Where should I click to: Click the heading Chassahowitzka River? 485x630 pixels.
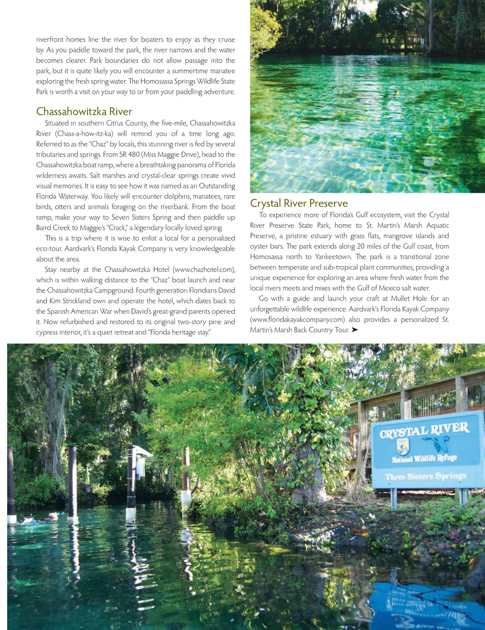[84, 112]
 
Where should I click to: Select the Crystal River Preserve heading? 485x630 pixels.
[298, 204]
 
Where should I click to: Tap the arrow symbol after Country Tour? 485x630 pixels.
[355, 330]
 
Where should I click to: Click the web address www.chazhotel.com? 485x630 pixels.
[204, 270]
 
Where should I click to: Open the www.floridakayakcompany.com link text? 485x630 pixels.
[297, 320]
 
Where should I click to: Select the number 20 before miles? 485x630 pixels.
[361, 246]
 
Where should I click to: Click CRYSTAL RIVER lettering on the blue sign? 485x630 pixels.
[424, 430]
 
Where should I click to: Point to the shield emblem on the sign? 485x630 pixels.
[403, 446]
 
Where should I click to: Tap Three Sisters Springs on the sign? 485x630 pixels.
[425, 476]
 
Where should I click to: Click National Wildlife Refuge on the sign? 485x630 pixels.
[424, 459]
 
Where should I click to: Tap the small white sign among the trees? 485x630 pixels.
[422, 41]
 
